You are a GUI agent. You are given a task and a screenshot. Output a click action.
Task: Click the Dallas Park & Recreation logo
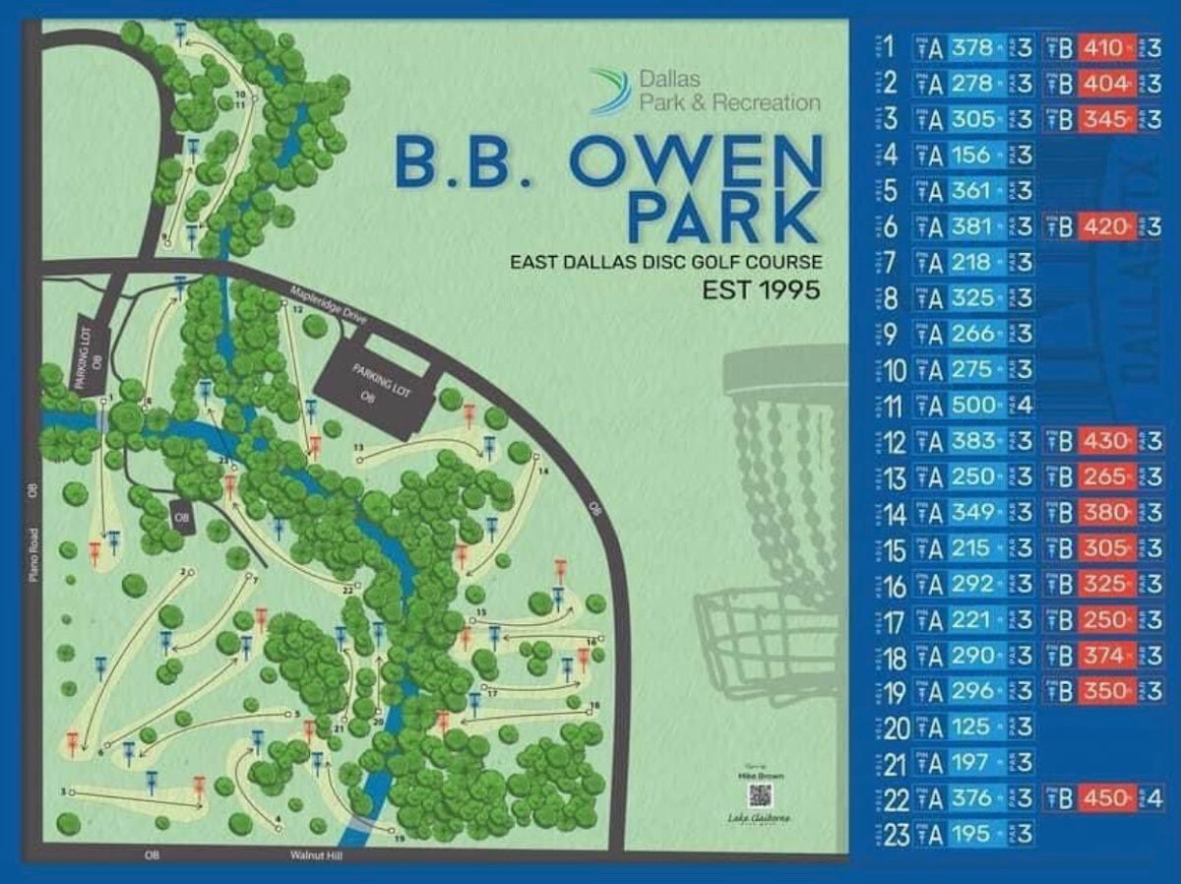[x=610, y=91]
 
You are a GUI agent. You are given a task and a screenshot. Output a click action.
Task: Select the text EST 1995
[x=761, y=291]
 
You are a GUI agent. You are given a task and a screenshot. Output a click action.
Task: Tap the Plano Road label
[x=32, y=560]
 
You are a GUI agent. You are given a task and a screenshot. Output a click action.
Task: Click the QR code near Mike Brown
[x=758, y=795]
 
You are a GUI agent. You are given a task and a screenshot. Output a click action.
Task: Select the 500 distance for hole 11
[x=973, y=406]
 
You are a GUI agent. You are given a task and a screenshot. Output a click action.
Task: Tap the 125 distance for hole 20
[x=973, y=727]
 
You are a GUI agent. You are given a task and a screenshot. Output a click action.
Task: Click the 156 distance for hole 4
[x=973, y=155]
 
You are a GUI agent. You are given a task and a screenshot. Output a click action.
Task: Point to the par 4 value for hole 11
[x=1025, y=406]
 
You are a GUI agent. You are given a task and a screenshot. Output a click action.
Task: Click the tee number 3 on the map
[x=62, y=791]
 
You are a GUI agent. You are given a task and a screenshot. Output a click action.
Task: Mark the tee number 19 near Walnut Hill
[x=399, y=839]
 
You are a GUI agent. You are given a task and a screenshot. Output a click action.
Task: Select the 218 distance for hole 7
[x=973, y=263]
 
